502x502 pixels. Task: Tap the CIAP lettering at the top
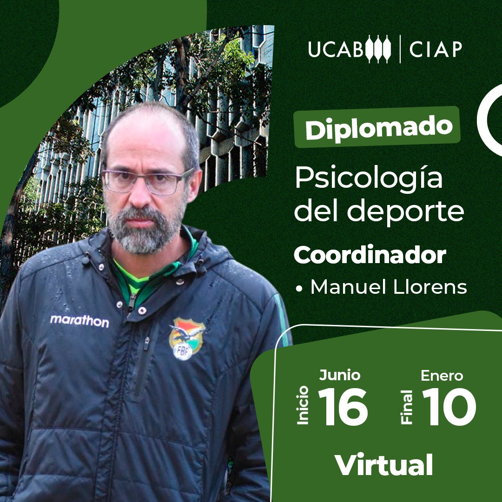pyautogui.click(x=436, y=49)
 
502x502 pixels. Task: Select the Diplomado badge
pyautogui.click(x=377, y=127)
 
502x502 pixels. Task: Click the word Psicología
pyautogui.click(x=369, y=178)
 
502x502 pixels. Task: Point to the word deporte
pyautogui.click(x=406, y=211)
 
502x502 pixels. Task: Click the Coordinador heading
pyautogui.click(x=370, y=255)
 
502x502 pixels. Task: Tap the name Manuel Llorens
pyautogui.click(x=389, y=287)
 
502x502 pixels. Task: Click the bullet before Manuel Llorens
pyautogui.click(x=299, y=289)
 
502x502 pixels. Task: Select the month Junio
pyautogui.click(x=340, y=375)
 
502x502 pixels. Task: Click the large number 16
pyautogui.click(x=343, y=407)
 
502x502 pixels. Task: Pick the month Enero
pyautogui.click(x=442, y=376)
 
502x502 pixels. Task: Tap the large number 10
pyautogui.click(x=449, y=407)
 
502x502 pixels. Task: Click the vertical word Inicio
pyautogui.click(x=303, y=405)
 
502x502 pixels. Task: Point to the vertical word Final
pyautogui.click(x=407, y=407)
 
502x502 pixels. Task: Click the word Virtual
pyautogui.click(x=383, y=464)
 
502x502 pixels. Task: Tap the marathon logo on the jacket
pyautogui.click(x=79, y=321)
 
